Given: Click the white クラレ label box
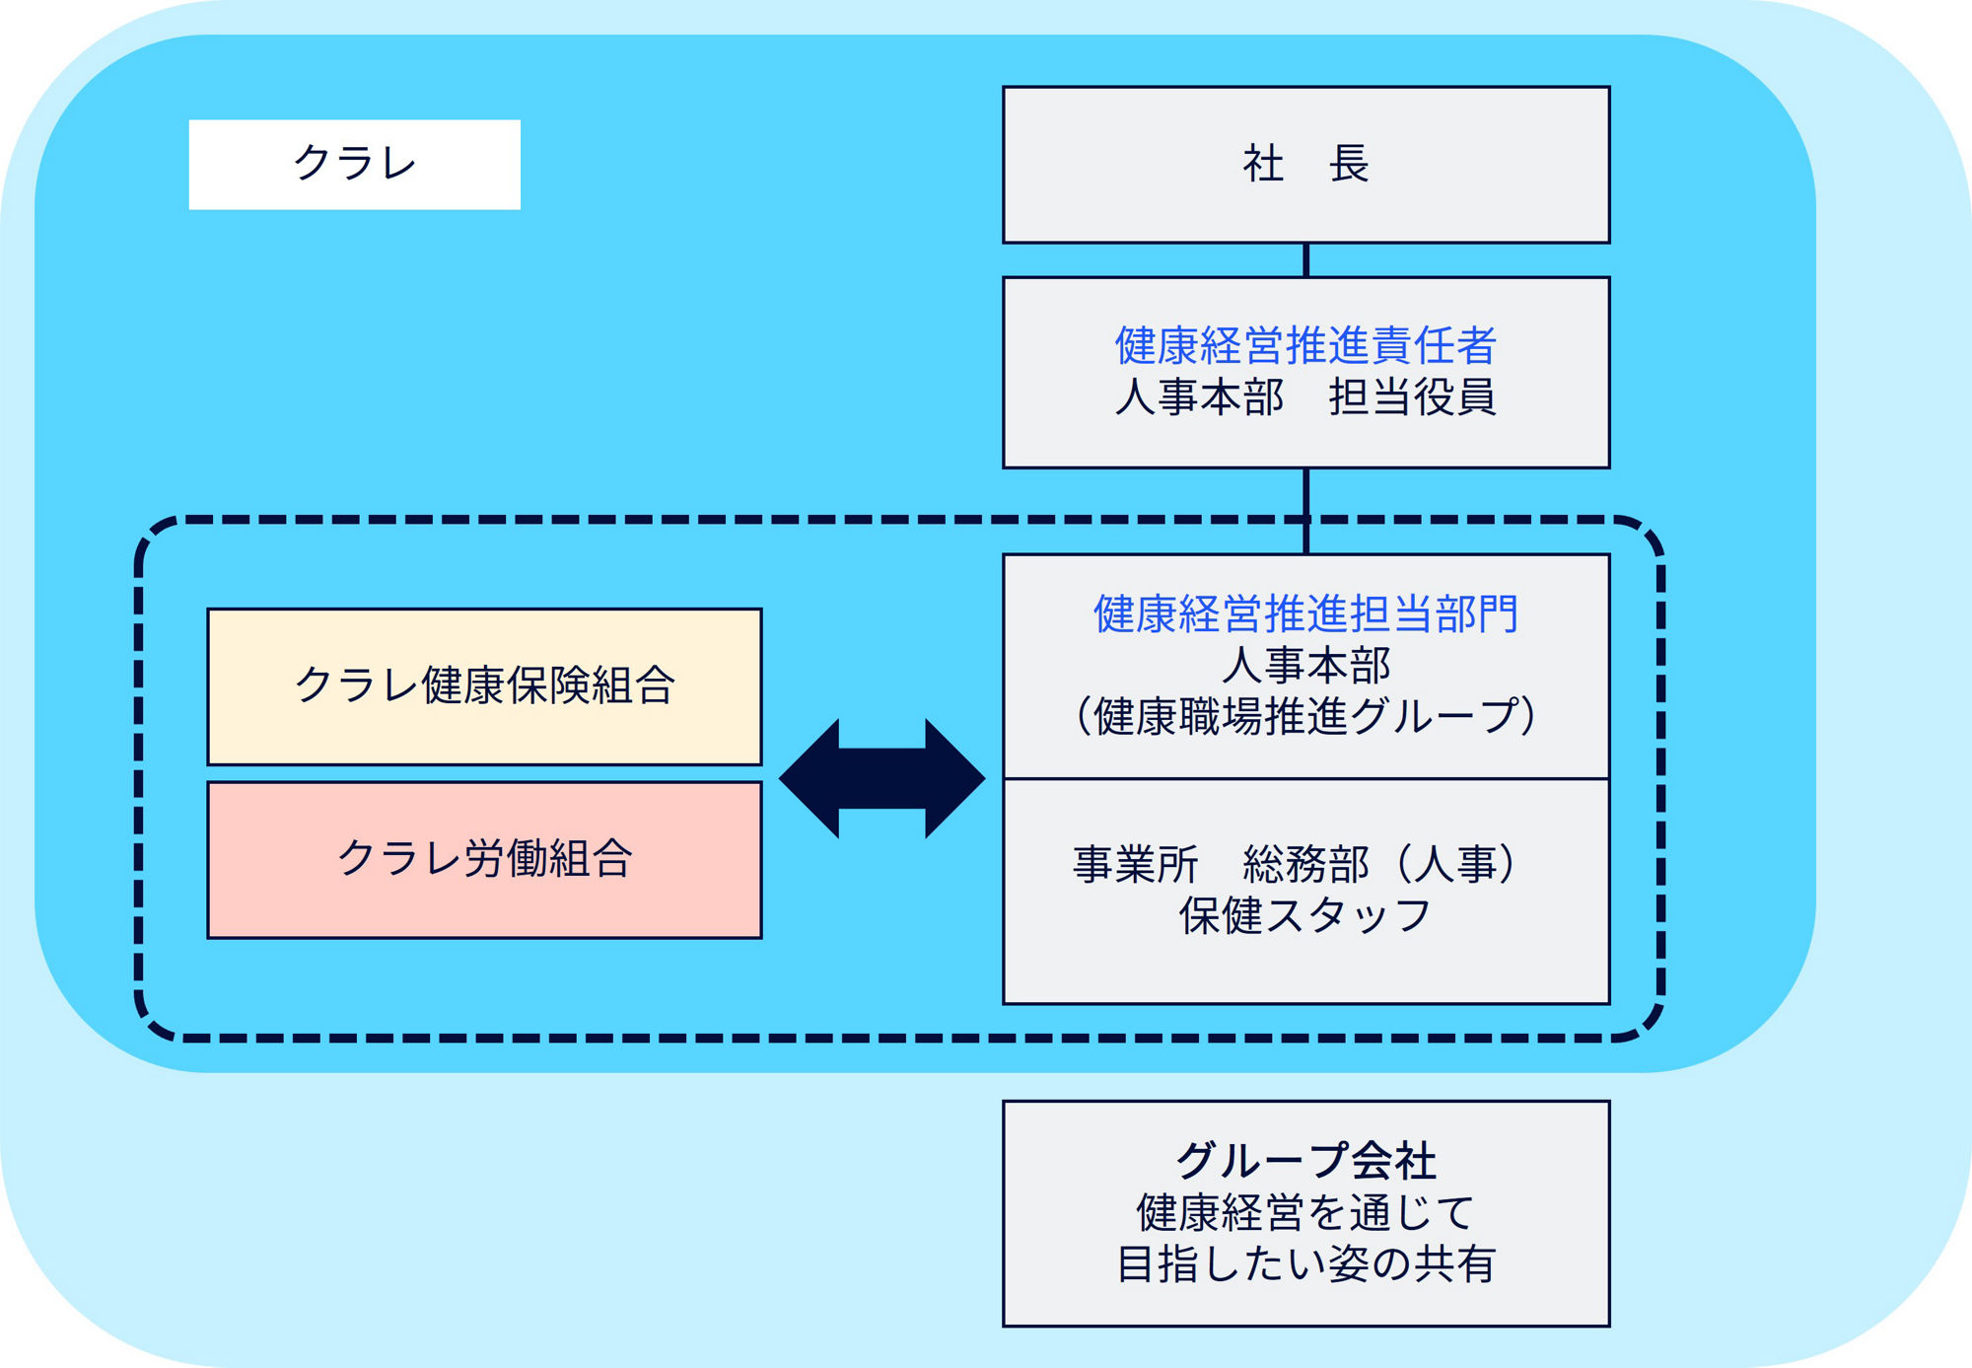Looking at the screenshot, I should click(354, 165).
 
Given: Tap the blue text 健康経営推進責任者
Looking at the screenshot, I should click(1305, 346).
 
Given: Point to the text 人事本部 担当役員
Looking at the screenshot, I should click(1305, 397).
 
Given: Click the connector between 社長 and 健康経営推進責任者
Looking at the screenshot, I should click(1305, 260).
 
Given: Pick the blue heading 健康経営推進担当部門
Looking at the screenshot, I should click(1305, 614).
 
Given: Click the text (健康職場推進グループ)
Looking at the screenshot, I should click(1305, 717).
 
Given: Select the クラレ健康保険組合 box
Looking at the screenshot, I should click(484, 686).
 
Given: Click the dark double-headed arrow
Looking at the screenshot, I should click(881, 779).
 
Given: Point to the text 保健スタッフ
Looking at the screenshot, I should click(1305, 916).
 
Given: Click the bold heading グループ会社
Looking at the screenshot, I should click(1305, 1161).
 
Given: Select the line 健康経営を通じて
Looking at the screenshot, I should click(1305, 1213).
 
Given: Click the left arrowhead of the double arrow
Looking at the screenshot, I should click(810, 779).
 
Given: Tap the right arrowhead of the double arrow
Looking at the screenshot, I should click(953, 779).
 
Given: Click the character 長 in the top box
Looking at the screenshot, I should click(1349, 164).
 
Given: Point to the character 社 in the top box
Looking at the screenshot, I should click(1263, 164).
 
